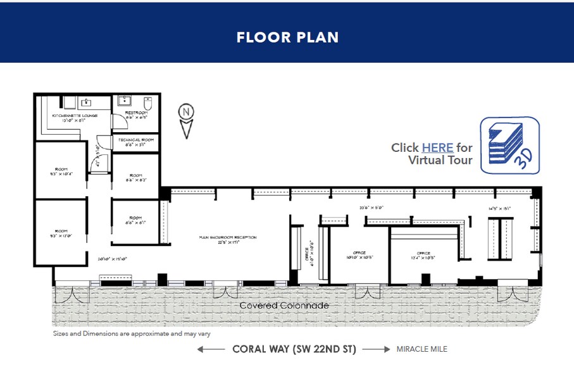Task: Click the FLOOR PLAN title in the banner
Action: (287, 37)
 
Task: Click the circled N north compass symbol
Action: (186, 114)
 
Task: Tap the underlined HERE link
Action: (437, 147)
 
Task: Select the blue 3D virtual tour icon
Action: (509, 145)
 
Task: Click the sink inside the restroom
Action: (123, 101)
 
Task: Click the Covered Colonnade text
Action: (284, 306)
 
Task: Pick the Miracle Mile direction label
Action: (421, 349)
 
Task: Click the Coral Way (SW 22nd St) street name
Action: (294, 349)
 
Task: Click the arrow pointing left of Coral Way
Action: (211, 349)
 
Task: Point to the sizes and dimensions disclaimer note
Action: (132, 333)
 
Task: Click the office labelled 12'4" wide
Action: (423, 255)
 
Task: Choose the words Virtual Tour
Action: (440, 160)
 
